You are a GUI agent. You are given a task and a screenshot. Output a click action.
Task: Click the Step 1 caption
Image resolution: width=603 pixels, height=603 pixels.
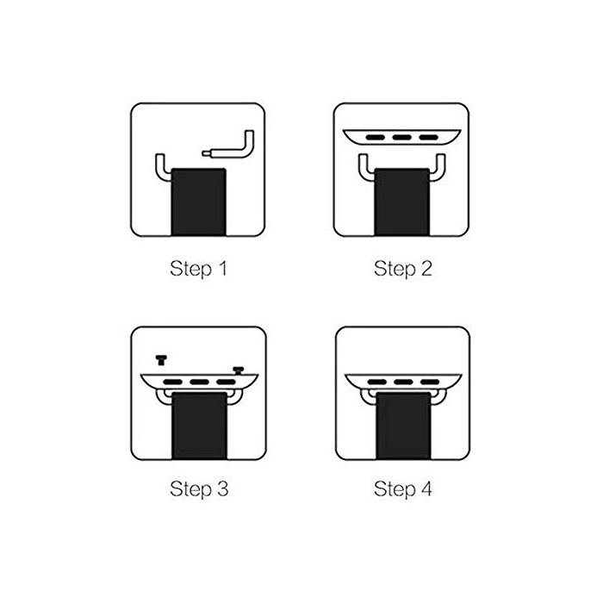point(198,269)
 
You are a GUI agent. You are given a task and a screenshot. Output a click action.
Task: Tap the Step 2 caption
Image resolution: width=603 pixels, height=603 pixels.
point(402,269)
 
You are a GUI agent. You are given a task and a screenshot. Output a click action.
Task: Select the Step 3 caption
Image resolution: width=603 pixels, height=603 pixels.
point(199,489)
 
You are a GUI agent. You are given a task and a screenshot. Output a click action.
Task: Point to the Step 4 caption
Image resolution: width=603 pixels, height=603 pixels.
point(402,489)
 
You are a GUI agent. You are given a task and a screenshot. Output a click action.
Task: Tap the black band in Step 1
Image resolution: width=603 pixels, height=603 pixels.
point(198,202)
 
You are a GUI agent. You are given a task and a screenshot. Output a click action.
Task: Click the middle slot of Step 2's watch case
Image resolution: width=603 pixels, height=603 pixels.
point(402,137)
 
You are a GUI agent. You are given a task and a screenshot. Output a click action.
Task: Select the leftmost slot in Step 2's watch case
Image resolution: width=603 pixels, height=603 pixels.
point(376,137)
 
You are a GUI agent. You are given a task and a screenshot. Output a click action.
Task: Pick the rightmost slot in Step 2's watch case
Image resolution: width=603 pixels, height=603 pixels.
point(428,137)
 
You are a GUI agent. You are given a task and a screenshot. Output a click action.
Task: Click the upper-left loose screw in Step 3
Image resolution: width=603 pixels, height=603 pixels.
point(161,360)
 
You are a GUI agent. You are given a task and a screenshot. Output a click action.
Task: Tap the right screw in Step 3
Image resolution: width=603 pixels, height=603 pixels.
point(239,370)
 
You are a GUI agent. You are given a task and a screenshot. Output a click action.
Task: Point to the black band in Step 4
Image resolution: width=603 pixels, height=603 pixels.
point(403,426)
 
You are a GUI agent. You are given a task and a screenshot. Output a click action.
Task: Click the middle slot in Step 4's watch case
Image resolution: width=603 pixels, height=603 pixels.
point(403,382)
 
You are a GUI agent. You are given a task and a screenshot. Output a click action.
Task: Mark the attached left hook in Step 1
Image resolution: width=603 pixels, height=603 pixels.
point(162,169)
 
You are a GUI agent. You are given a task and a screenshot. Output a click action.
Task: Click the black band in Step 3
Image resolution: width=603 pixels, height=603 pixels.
point(199,426)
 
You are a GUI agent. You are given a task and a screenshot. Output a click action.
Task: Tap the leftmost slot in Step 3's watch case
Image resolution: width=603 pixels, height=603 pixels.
point(173,382)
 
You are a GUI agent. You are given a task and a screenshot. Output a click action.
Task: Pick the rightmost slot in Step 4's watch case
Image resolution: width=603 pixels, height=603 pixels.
point(430,382)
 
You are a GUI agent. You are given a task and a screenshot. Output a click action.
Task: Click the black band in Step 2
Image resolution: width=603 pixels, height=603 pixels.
point(402,202)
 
